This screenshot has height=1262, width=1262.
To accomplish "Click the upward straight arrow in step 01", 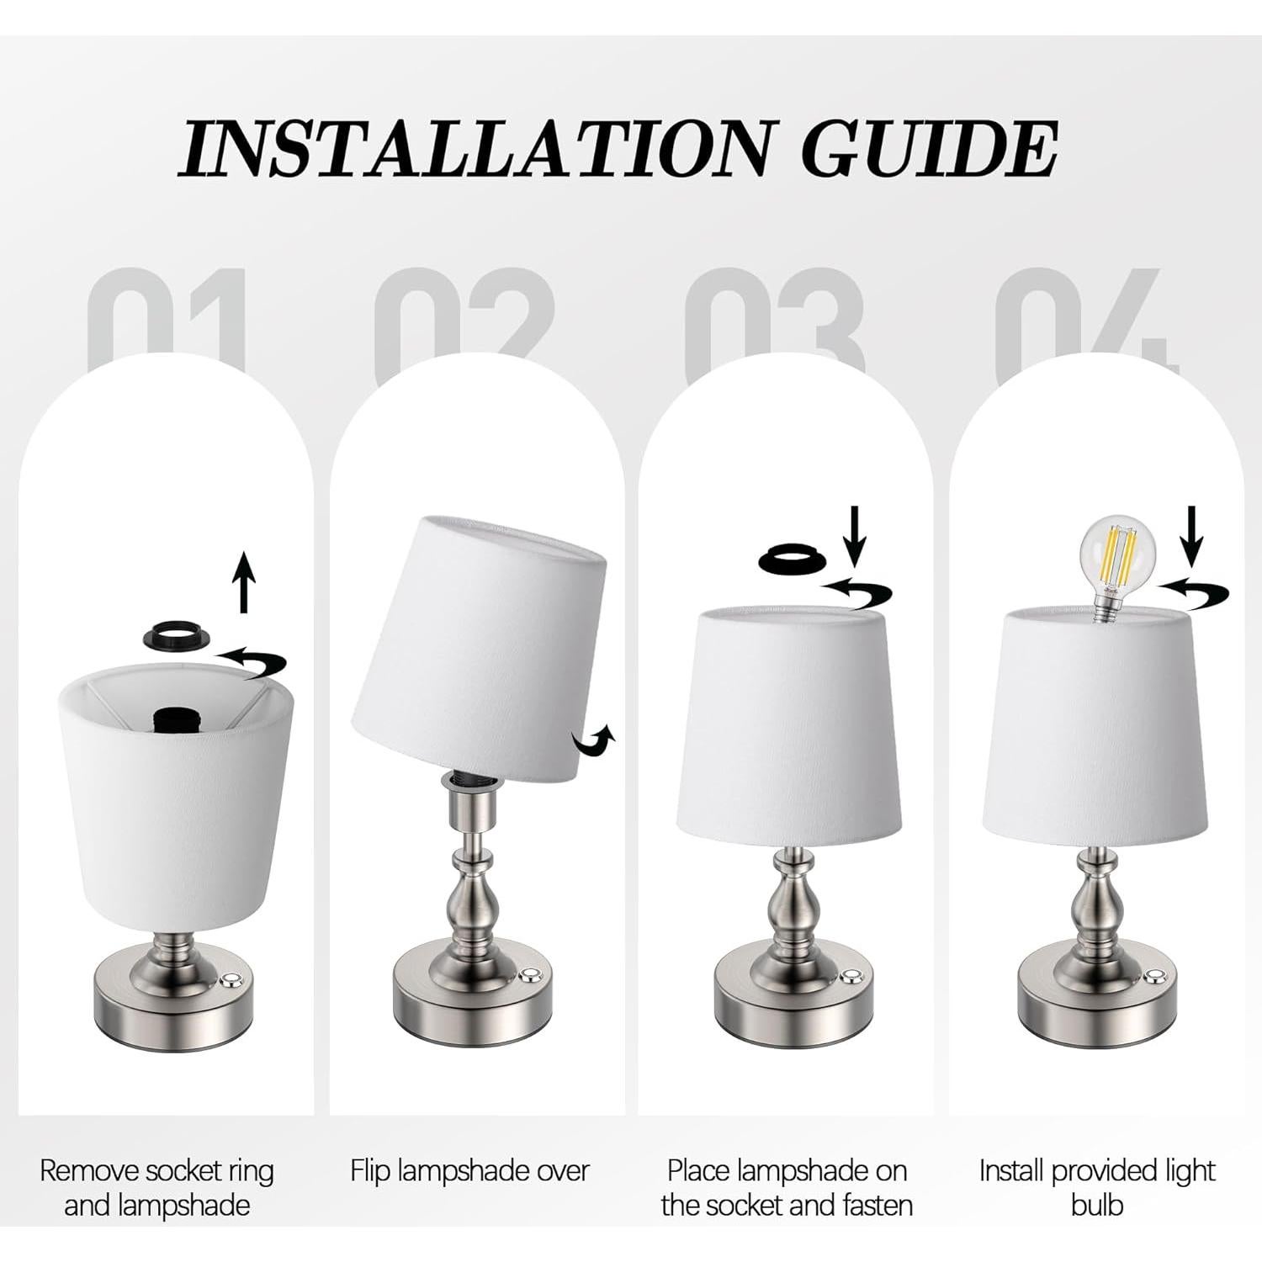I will click(x=244, y=581).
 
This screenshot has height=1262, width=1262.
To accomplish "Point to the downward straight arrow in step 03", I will click(x=856, y=536).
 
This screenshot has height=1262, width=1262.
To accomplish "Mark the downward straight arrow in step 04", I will click(x=1192, y=536).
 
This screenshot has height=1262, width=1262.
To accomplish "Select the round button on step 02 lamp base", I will click(x=529, y=976).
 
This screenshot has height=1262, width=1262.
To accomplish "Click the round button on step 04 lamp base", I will click(x=1154, y=976).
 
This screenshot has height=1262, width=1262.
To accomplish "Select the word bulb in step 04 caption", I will click(x=1097, y=1205).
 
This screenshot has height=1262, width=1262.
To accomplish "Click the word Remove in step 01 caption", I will click(x=89, y=1170).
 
